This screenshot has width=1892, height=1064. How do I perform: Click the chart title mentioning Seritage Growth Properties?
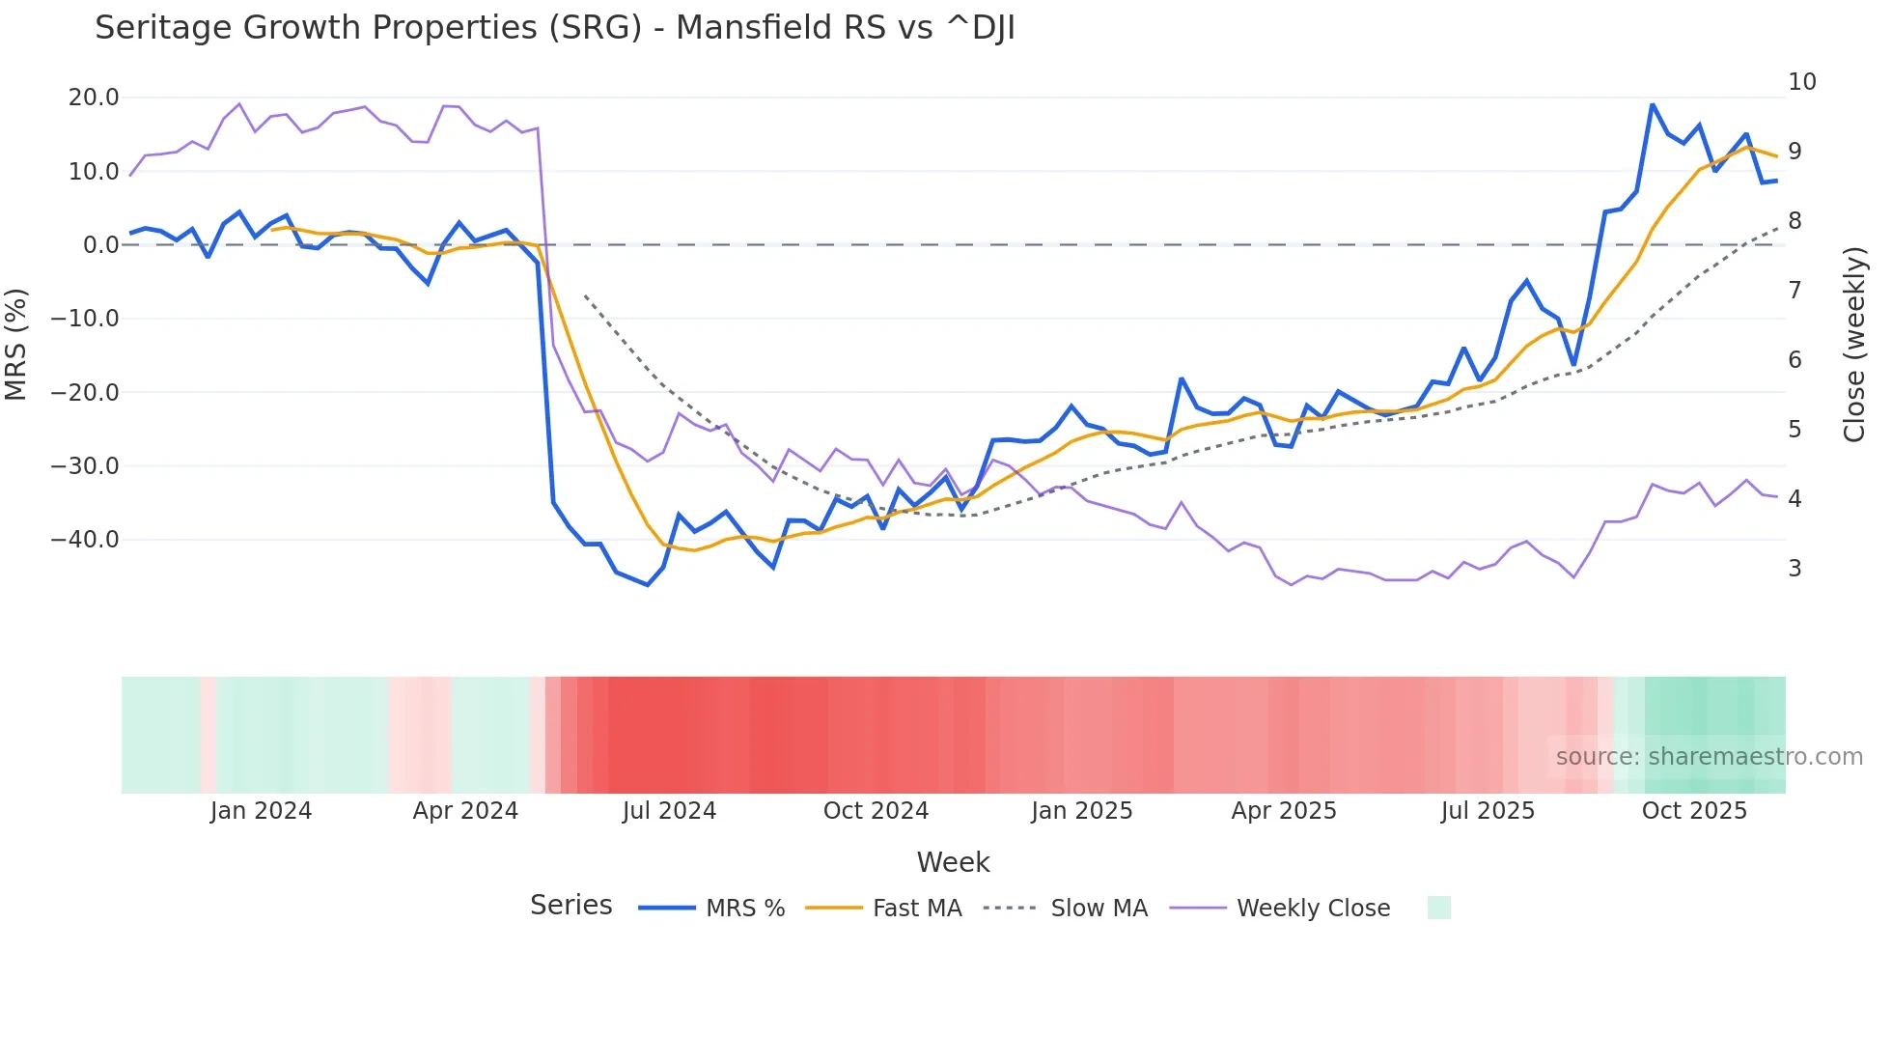[554, 28]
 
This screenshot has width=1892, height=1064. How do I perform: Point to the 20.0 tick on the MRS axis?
[94, 98]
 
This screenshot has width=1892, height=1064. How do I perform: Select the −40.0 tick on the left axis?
[85, 540]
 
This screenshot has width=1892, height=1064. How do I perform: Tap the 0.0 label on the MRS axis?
[100, 245]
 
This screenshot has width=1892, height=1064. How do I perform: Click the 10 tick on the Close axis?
[1801, 82]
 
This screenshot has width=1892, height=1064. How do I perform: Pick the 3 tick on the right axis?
[1795, 569]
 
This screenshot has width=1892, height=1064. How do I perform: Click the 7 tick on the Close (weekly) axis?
[1795, 291]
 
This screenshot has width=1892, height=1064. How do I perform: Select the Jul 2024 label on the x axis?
[669, 811]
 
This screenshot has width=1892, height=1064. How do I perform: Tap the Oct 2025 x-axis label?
[1694, 811]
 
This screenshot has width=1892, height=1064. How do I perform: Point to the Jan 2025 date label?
[1081, 811]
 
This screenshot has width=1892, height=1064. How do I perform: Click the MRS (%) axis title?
[16, 345]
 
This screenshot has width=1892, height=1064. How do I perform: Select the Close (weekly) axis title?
[1853, 345]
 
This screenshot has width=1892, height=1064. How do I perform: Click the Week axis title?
[953, 862]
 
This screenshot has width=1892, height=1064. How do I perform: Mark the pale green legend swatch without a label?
[1438, 909]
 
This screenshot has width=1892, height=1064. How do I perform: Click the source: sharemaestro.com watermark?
[1709, 757]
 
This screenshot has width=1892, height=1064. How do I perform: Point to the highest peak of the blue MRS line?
[1653, 104]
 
